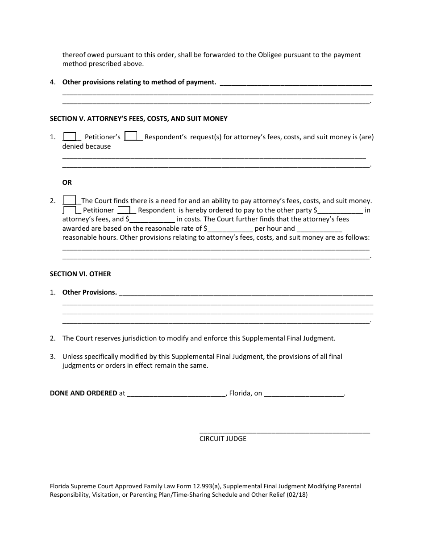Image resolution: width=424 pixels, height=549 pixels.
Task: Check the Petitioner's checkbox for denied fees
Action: pos(70,137)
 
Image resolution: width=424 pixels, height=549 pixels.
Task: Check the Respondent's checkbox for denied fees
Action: pos(131,136)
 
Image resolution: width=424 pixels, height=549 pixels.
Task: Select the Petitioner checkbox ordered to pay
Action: pos(70,210)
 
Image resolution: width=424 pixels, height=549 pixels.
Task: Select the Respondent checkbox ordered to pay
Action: pos(124,210)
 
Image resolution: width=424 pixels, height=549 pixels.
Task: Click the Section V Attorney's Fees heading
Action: pos(138,119)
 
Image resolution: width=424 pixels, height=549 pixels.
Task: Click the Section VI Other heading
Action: pos(80,274)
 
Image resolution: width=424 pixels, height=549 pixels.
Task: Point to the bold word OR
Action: pos(67,183)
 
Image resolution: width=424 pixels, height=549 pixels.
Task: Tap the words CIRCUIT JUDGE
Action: pos(223,439)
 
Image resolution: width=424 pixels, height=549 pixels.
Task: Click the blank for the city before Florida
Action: pos(177,394)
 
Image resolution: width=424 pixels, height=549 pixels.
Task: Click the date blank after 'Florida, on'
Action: pos(304,394)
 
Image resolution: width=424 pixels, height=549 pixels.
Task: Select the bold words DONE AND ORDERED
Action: pos(83,394)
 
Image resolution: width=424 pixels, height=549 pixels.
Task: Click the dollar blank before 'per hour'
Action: pos(230,229)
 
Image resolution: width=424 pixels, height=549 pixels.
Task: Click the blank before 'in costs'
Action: pos(152,219)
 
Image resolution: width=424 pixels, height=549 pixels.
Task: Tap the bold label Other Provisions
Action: pos(89,292)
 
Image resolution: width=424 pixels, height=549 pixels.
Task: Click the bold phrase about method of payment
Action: pos(139,82)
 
